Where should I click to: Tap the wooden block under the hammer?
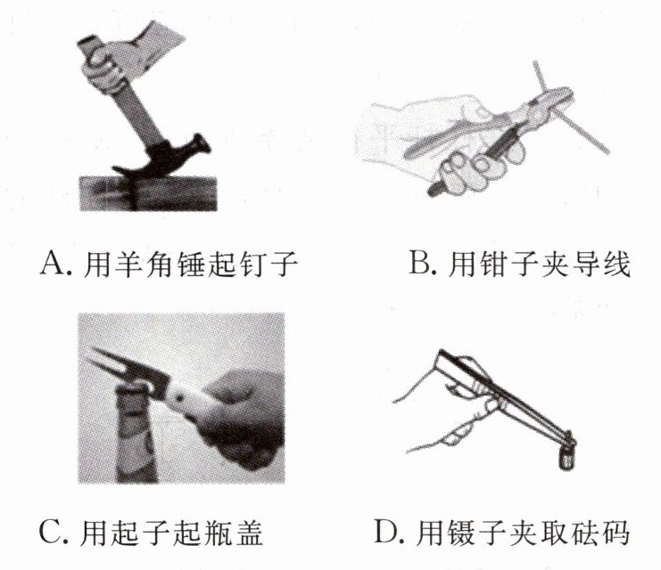coord(148,193)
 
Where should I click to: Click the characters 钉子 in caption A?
coord(269,264)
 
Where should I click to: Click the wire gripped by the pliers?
coord(570,109)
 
